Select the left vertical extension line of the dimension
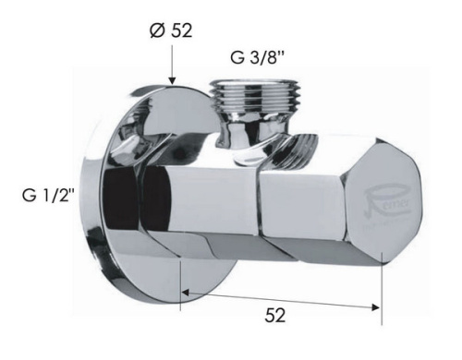click(180, 277)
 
